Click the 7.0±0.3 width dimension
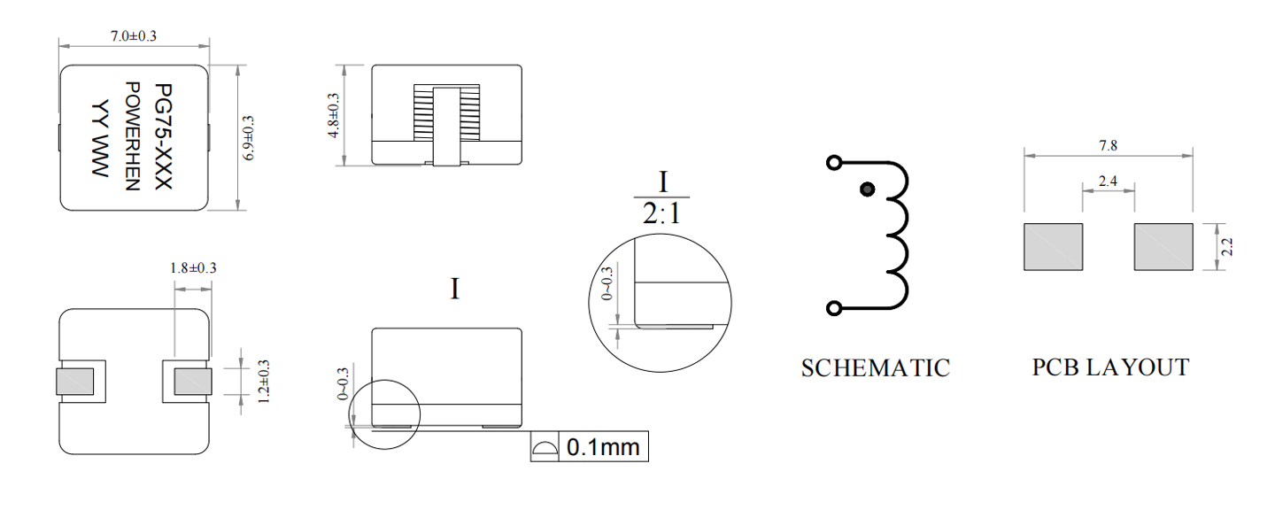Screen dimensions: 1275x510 tap(134, 35)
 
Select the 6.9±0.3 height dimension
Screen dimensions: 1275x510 tap(249, 138)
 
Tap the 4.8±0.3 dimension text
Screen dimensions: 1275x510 tap(334, 115)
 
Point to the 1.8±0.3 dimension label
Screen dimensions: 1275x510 tap(194, 267)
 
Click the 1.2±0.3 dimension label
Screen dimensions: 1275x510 tap(264, 382)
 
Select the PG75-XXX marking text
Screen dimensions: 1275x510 tap(163, 136)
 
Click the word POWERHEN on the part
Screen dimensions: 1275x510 tap(132, 136)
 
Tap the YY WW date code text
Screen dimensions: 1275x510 tap(100, 139)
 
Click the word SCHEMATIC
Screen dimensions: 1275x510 tap(876, 368)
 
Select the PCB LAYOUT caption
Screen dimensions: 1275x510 tap(1110, 367)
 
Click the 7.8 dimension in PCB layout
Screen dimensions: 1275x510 tap(1109, 146)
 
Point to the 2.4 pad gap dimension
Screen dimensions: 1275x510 tap(1108, 182)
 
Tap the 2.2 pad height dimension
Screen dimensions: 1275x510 tap(1227, 247)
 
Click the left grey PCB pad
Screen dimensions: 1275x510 tap(1053, 246)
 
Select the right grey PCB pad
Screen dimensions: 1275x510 tap(1163, 246)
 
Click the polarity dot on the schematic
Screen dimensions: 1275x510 tap(867, 189)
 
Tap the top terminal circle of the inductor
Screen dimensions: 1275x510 tap(834, 163)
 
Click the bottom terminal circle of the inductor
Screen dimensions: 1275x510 tap(834, 308)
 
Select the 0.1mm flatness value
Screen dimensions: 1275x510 tap(603, 447)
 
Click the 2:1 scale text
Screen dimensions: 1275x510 tap(661, 214)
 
